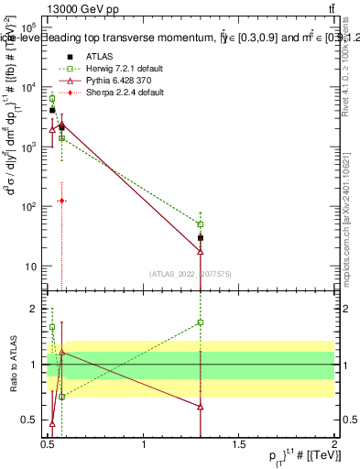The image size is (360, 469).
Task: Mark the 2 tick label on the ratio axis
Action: click(35, 309)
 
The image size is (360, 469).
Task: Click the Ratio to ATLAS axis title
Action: click(12, 365)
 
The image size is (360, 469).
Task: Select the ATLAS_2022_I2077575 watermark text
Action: click(191, 273)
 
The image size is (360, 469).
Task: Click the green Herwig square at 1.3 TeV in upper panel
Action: click(200, 224)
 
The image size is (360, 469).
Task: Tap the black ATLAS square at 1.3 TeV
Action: click(200, 238)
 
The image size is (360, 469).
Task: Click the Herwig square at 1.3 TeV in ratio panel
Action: click(200, 322)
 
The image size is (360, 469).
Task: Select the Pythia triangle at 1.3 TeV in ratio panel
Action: click(200, 406)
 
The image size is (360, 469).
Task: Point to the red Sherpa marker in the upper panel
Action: click(61, 200)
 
